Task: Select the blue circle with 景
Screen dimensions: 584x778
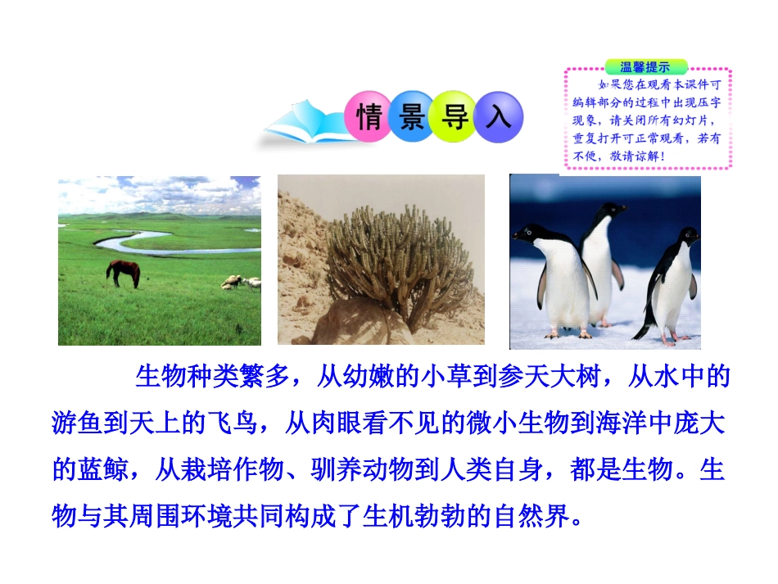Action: click(412, 117)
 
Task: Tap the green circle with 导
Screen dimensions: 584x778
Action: click(455, 118)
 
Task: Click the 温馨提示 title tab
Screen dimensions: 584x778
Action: click(645, 66)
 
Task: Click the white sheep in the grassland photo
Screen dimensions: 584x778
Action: click(233, 281)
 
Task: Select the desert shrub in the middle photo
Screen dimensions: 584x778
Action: click(399, 262)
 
